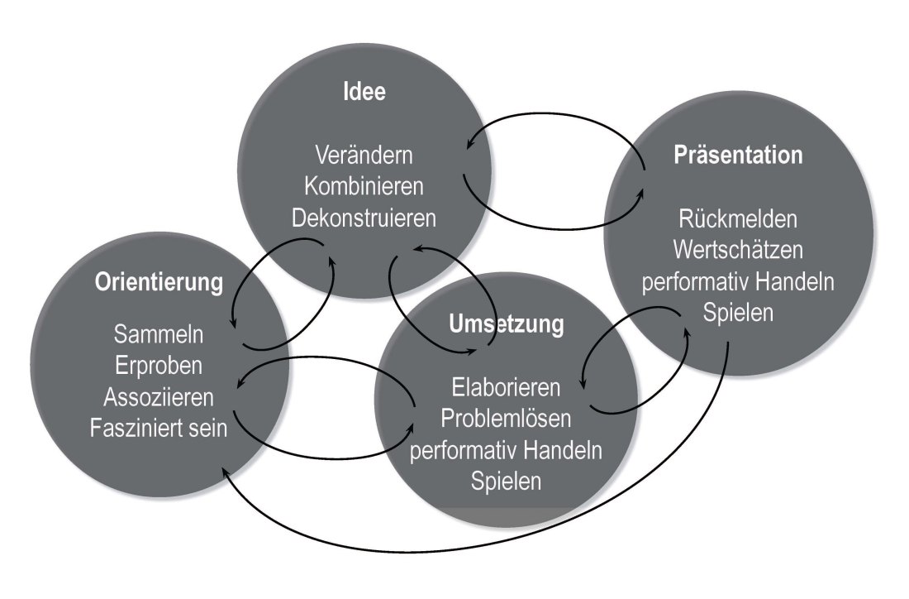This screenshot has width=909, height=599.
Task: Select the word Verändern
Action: click(364, 155)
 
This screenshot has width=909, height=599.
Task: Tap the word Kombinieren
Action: click(364, 187)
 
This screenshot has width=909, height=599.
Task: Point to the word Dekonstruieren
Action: click(364, 219)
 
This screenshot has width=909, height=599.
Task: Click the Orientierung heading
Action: click(159, 282)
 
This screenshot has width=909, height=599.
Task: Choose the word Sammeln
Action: click(159, 336)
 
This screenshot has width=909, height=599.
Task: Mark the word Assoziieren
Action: click(159, 397)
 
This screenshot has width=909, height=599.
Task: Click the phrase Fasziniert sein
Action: click(159, 429)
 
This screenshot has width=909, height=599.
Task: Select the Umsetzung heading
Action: click(507, 323)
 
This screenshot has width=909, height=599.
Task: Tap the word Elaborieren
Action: click(507, 386)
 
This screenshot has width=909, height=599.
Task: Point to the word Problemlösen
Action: click(507, 418)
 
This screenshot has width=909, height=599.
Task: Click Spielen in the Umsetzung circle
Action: click(507, 481)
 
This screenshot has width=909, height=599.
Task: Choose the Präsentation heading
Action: click(738, 155)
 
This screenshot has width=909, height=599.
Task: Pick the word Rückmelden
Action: click(738, 219)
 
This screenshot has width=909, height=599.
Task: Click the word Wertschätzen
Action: click(738, 250)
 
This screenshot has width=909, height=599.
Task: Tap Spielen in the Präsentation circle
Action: click(738, 314)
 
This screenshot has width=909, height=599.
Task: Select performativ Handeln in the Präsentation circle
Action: click(738, 282)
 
